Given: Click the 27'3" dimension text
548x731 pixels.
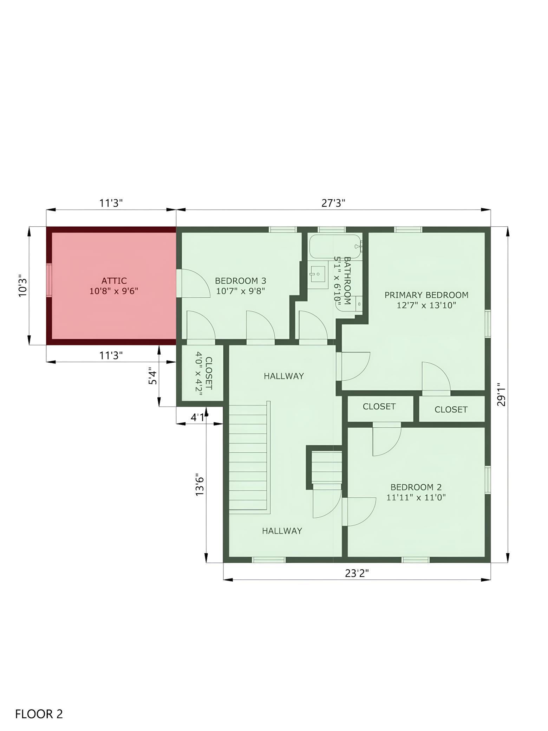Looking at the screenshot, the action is click(x=333, y=203).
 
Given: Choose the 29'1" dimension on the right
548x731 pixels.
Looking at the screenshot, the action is click(x=501, y=394).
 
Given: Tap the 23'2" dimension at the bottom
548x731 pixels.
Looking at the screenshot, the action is click(x=357, y=573).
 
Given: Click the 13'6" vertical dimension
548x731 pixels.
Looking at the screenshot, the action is click(x=200, y=486).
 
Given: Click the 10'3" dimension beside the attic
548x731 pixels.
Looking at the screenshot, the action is click(x=22, y=285).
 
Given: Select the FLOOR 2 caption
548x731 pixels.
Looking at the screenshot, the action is click(x=39, y=703).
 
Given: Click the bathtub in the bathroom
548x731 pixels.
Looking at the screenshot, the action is click(x=335, y=247).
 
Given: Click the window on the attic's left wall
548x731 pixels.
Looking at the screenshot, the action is click(x=49, y=280).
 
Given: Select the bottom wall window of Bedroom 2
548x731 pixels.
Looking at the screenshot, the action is click(x=416, y=560).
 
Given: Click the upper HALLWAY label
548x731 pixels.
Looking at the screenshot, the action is click(x=284, y=376).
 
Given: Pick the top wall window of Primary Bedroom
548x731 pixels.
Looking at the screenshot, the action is click(x=408, y=229).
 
